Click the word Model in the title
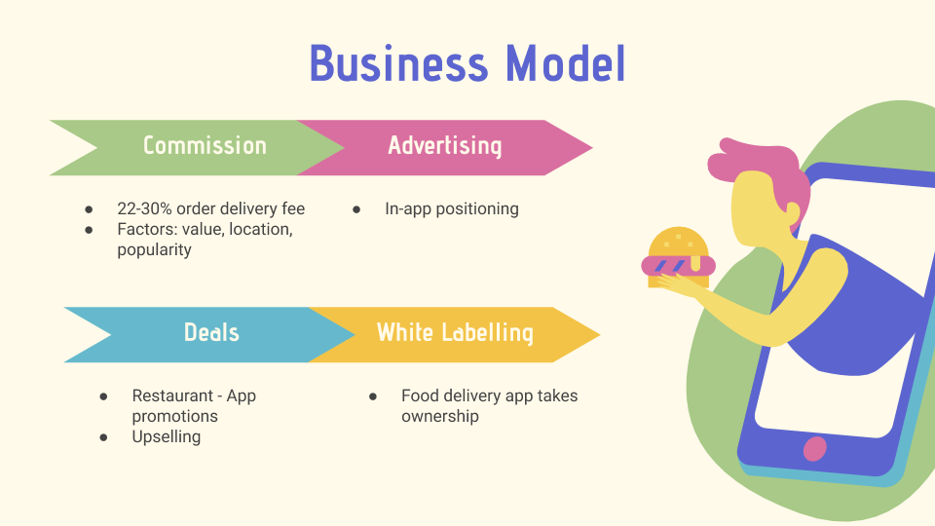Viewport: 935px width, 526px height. click(x=566, y=63)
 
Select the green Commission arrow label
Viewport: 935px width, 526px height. click(x=205, y=146)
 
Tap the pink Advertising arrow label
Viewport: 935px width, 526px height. click(x=445, y=146)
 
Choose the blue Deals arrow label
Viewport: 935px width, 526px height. click(x=211, y=333)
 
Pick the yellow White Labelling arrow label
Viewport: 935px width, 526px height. click(x=455, y=333)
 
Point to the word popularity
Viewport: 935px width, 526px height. click(x=154, y=250)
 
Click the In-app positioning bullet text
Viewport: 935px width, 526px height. click(x=451, y=209)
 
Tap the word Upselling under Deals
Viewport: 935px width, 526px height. click(x=166, y=437)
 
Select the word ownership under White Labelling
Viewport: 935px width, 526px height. click(x=440, y=416)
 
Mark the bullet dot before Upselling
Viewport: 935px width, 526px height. click(x=104, y=437)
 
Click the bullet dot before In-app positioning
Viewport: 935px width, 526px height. click(x=356, y=209)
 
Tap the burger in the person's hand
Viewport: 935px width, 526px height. click(x=678, y=257)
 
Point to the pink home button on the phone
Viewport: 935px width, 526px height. click(x=814, y=448)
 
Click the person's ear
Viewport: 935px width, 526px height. click(x=793, y=211)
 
